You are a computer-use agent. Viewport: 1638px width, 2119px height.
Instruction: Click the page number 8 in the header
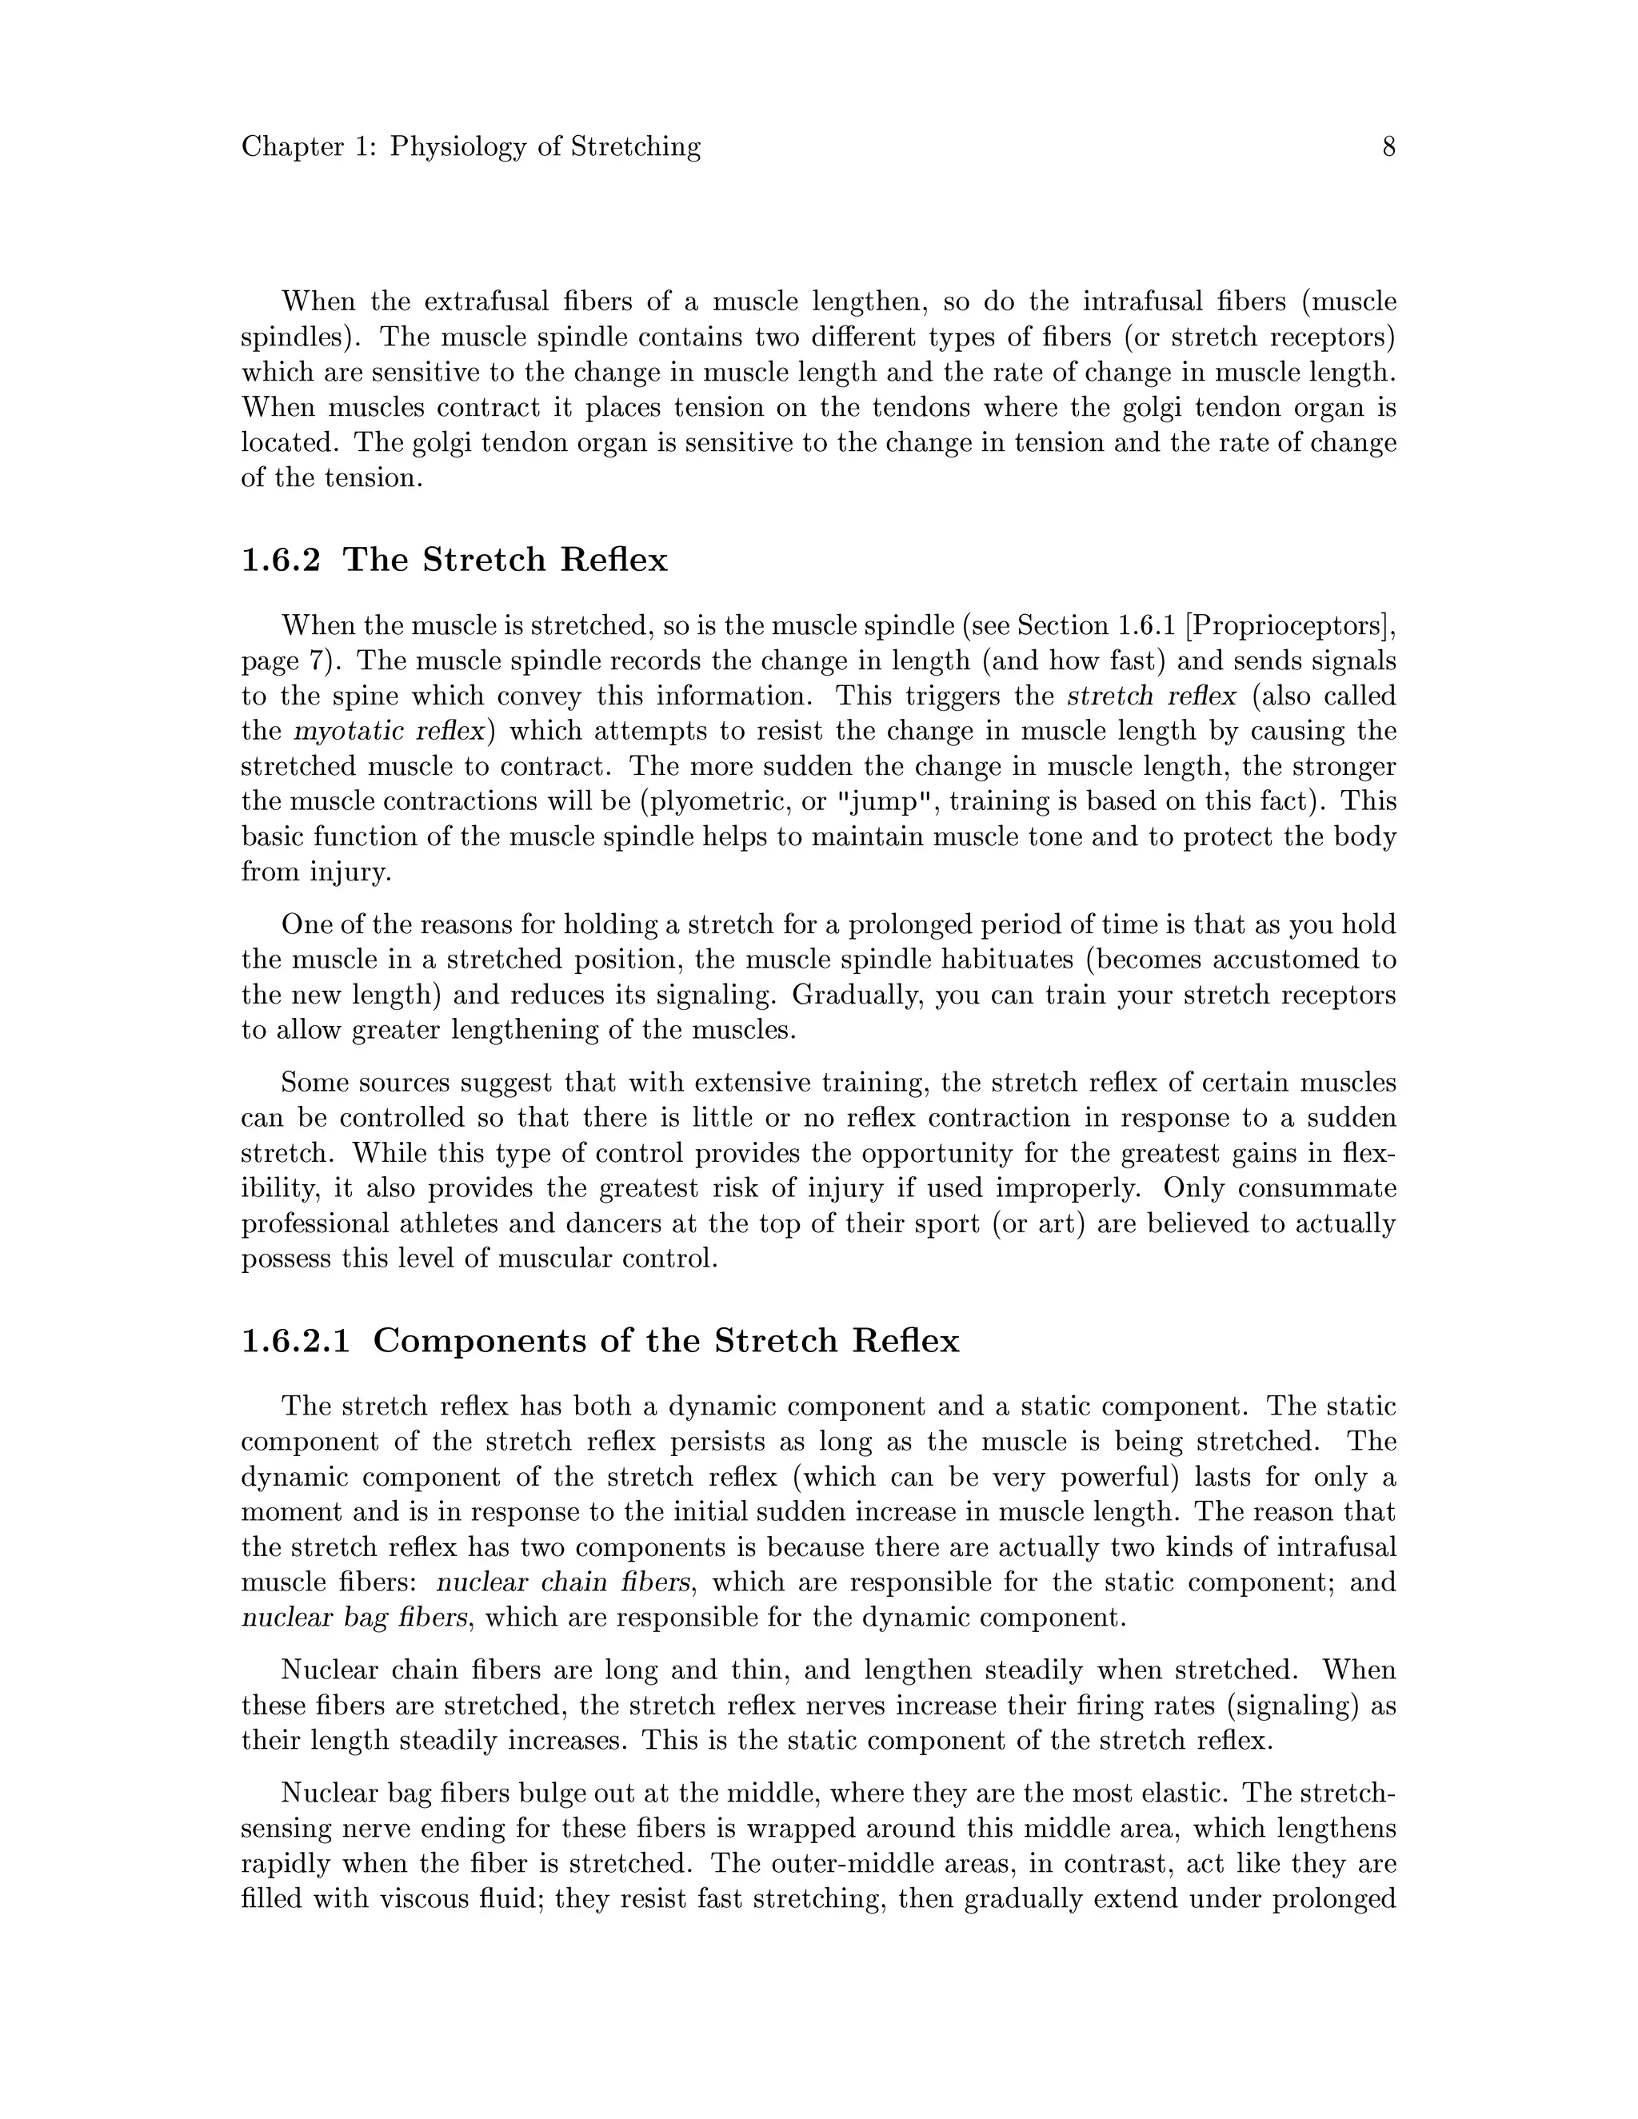(x=1388, y=147)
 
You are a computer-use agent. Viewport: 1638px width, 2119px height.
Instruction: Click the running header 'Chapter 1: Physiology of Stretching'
(x=470, y=147)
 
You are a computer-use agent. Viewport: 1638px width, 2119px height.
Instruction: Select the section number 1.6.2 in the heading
(x=281, y=561)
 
